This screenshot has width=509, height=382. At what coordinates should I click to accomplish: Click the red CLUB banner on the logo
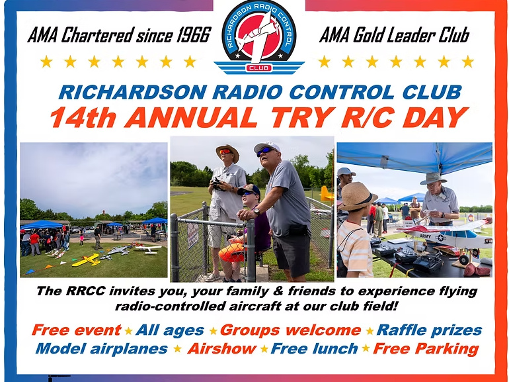tap(259, 68)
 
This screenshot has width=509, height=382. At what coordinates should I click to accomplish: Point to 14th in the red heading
tap(83, 117)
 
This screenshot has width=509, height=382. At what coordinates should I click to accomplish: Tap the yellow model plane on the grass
tap(87, 260)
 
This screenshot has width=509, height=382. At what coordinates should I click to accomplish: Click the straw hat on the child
tap(357, 196)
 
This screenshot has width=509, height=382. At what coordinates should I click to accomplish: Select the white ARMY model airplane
tap(448, 237)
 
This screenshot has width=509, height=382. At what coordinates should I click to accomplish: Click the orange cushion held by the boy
tap(232, 252)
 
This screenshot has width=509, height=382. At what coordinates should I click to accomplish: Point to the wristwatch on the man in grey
tap(256, 212)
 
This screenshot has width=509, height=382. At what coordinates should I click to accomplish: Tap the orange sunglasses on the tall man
tap(225, 152)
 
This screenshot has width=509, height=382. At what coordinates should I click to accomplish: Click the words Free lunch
tap(314, 348)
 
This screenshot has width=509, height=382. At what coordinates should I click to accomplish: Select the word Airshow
tap(221, 348)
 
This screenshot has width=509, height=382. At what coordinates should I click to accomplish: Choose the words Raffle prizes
tap(429, 330)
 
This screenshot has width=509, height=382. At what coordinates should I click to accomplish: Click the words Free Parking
tap(426, 349)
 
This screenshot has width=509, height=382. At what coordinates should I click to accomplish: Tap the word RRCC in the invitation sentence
tap(86, 291)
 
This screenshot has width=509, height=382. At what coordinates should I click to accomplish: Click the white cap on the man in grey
tap(267, 147)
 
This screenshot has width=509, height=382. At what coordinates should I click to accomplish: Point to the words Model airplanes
tap(102, 348)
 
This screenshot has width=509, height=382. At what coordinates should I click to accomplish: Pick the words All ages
tap(170, 330)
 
